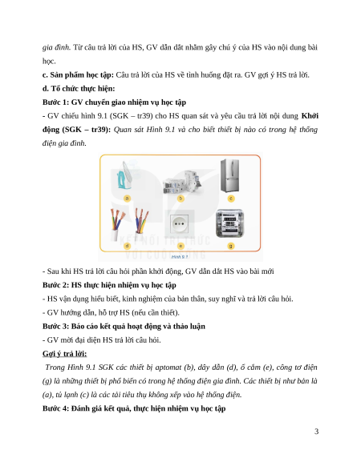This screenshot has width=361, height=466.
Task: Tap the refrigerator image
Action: (229, 175)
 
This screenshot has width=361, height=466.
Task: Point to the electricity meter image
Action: (230, 223)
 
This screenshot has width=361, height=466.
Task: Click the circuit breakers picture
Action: (181, 183)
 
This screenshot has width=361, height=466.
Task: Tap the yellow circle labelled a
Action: (128, 199)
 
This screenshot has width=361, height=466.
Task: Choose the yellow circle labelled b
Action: (180, 199)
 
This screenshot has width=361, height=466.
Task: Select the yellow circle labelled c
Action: (231, 199)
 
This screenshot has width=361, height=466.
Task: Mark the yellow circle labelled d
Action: (128, 246)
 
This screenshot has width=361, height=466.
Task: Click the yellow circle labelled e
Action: (180, 246)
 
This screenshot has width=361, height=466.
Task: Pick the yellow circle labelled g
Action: (231, 246)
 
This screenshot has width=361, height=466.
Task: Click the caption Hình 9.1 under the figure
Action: (180, 257)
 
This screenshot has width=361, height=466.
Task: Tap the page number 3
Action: (316, 432)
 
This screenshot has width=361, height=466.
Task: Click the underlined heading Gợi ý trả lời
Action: (65, 354)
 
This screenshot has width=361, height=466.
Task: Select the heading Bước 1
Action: (115, 102)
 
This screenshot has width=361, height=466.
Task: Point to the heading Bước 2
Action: (109, 285)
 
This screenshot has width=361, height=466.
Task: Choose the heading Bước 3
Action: (124, 327)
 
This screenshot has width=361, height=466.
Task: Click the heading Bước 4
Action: (134, 408)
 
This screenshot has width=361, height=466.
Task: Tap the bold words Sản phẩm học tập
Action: (82, 75)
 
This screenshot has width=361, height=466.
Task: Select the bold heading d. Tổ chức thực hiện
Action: (79, 89)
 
